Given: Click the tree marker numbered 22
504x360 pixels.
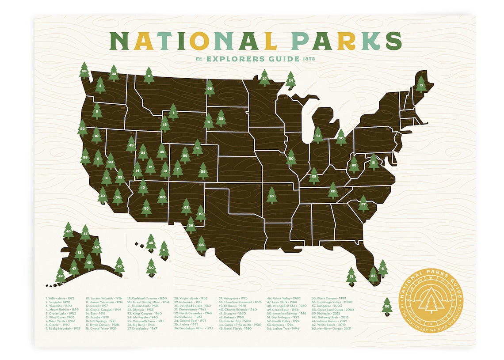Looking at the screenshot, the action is click(x=84, y=71).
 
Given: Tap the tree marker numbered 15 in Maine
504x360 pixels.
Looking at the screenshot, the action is click(x=421, y=84).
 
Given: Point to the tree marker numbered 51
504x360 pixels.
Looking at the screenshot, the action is click(x=351, y=277).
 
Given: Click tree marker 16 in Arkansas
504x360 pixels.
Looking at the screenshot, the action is click(x=272, y=195).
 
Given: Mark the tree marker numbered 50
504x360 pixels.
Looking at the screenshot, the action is click(x=151, y=267).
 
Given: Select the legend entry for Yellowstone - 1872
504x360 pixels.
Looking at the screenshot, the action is click(x=59, y=298).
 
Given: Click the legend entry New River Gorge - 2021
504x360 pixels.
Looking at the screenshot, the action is click(x=332, y=328).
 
